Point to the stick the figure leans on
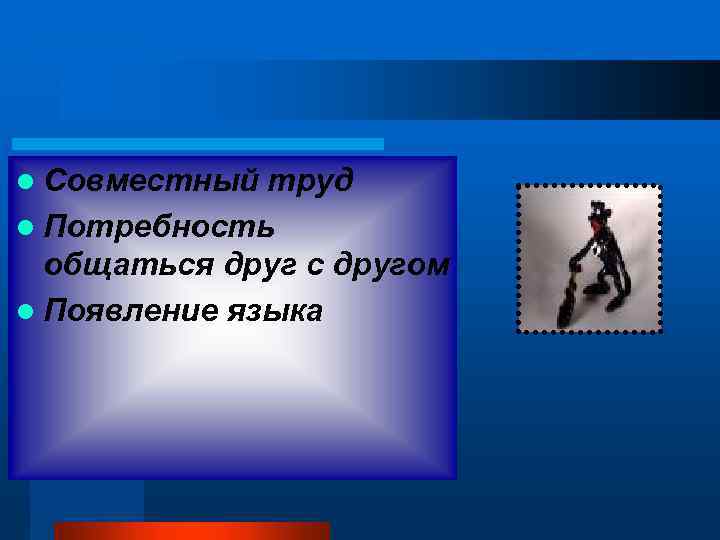pyautogui.click(x=566, y=295)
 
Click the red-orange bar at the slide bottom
pyautogui.click(x=191, y=530)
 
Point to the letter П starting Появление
pyautogui.click(x=58, y=311)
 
